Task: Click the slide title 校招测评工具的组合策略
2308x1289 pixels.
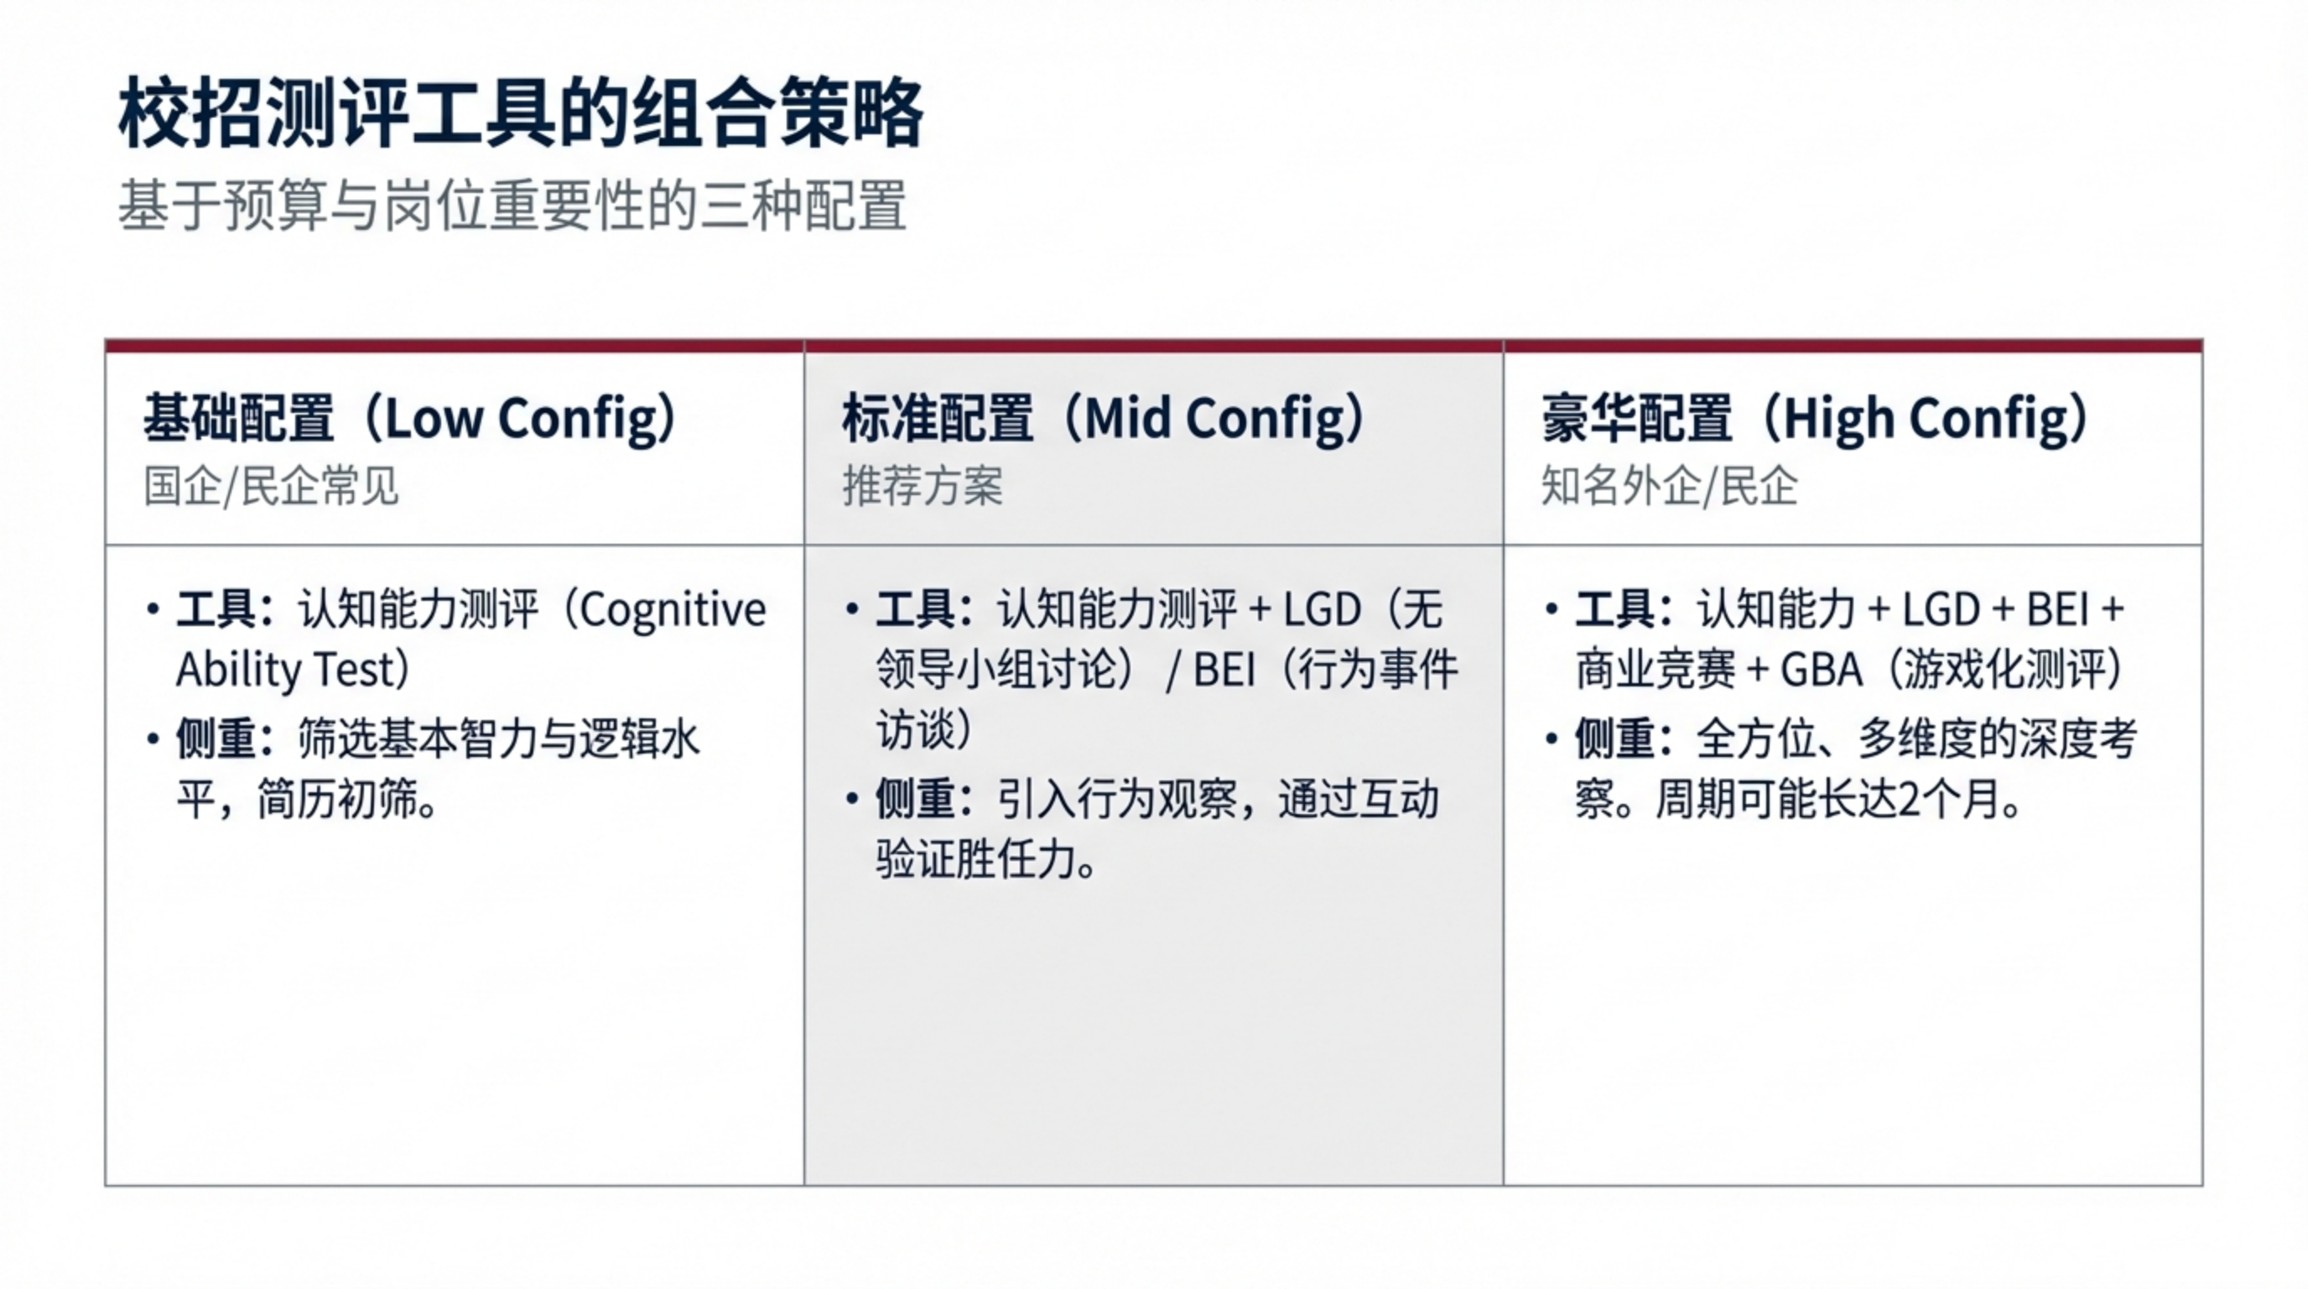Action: coord(521,114)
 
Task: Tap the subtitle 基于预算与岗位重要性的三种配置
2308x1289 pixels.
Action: coord(512,206)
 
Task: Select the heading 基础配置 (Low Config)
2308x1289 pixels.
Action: coord(411,419)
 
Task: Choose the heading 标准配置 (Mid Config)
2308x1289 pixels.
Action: coord(1105,419)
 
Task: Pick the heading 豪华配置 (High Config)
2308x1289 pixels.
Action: coord(1816,419)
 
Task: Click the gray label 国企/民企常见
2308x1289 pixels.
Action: coord(271,487)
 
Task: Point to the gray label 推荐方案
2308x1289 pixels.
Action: coord(922,487)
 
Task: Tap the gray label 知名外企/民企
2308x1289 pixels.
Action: coord(1669,487)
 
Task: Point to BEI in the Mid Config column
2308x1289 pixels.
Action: coord(1224,670)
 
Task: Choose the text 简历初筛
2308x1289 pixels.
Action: coord(337,800)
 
